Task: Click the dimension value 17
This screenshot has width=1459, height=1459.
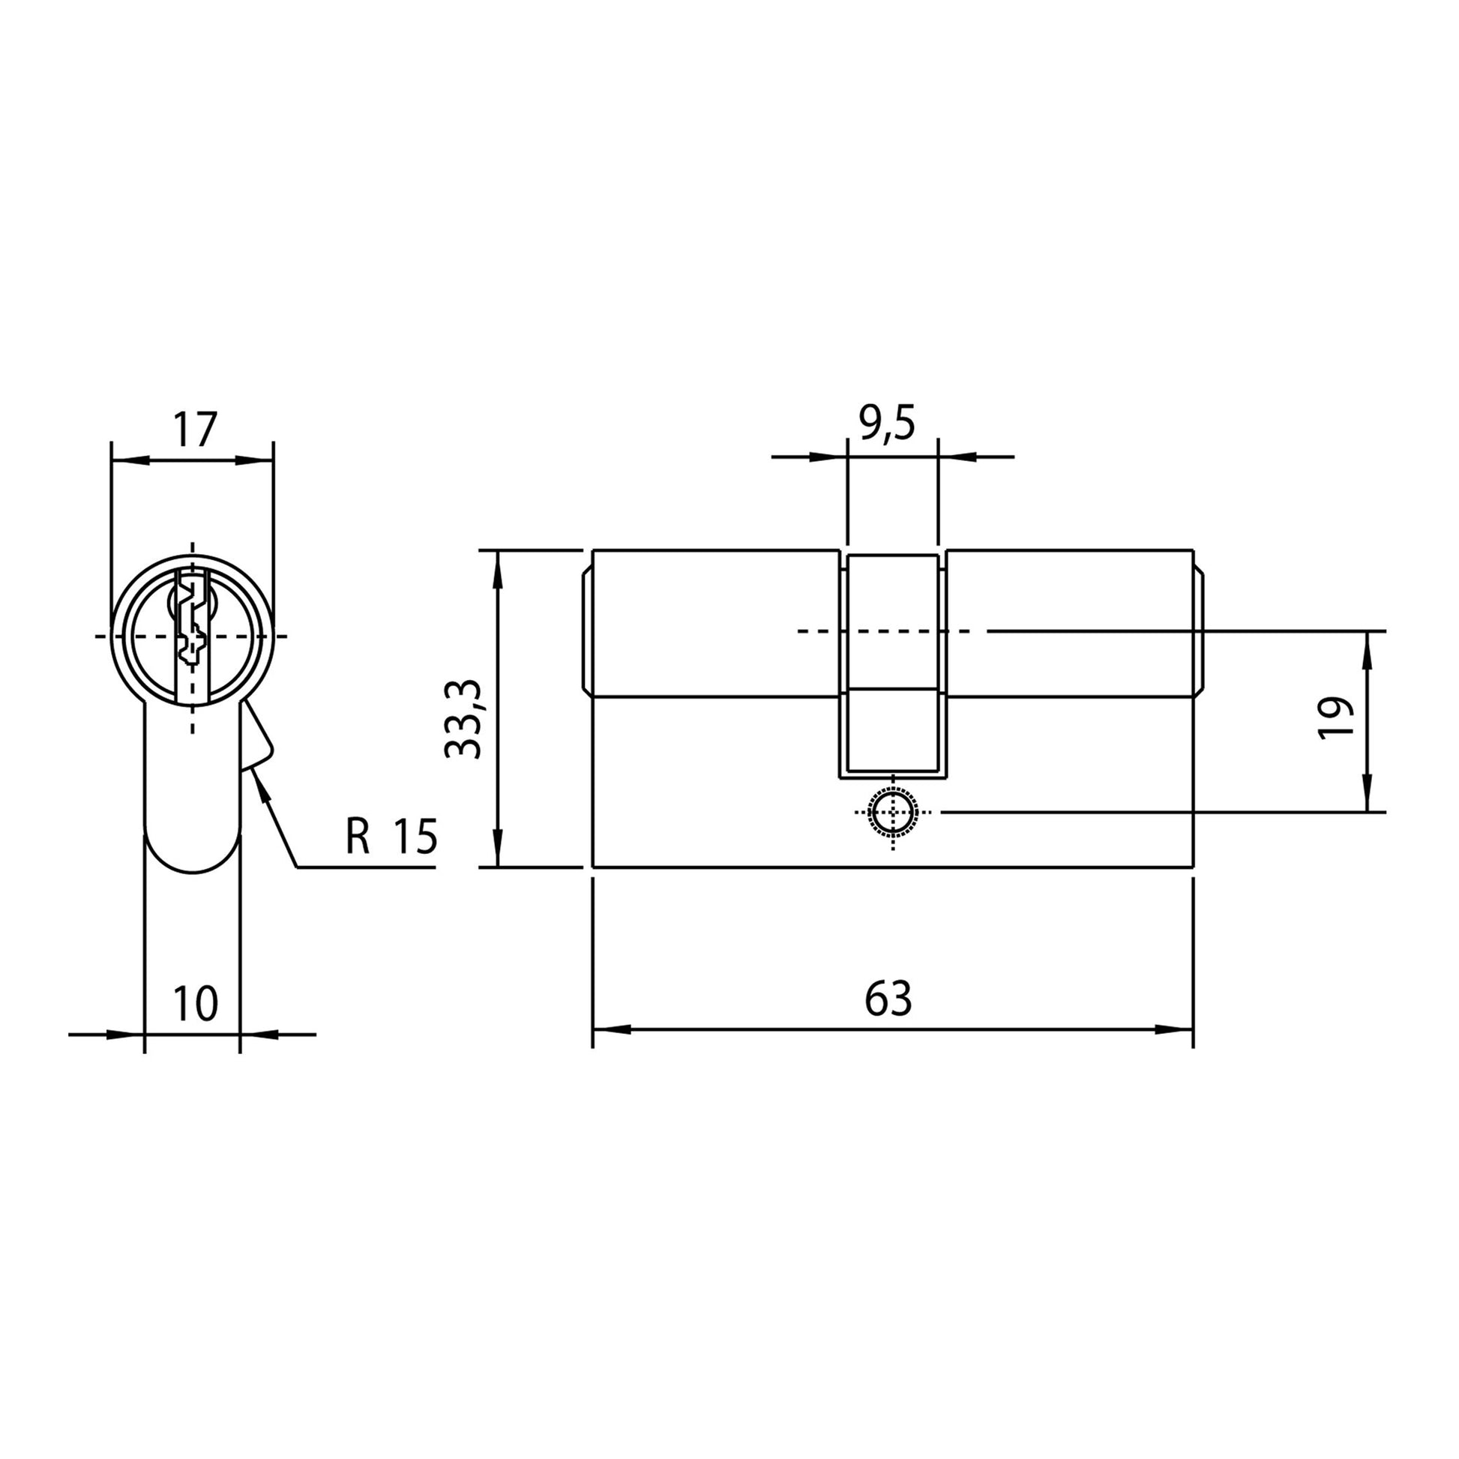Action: [x=195, y=430]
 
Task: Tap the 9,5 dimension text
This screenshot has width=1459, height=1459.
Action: [x=888, y=424]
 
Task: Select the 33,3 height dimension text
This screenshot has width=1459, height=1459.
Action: [x=463, y=718]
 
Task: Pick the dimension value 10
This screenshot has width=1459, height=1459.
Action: [x=196, y=1004]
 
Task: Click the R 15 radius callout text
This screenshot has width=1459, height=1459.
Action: [x=391, y=836]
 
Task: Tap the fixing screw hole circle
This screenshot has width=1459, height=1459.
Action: [x=894, y=813]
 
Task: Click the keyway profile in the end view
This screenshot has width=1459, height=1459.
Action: [x=192, y=628]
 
